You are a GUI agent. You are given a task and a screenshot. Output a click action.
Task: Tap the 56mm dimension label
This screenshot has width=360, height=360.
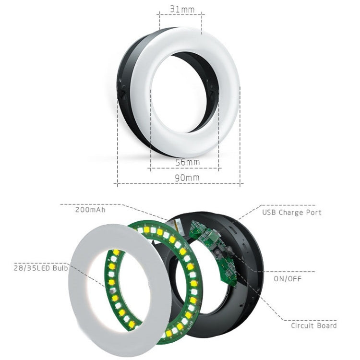pos(187,162)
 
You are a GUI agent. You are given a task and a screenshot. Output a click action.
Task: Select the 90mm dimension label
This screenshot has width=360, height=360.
pos(187,178)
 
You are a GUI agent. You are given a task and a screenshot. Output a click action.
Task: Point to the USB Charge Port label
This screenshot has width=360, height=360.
pos(291,212)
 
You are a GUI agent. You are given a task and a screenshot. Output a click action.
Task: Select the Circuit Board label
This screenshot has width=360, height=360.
pos(313,325)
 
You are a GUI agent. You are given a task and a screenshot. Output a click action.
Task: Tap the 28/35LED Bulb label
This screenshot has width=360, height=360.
pos(41,268)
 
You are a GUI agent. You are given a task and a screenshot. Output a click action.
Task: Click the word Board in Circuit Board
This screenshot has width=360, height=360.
pos(326,325)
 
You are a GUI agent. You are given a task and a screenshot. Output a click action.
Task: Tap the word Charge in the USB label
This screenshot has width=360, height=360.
pos(291,212)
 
